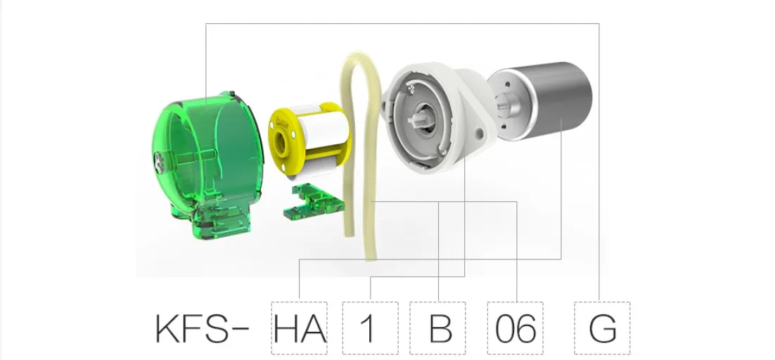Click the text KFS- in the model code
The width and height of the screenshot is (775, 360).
coord(202,328)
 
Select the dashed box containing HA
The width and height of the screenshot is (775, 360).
coord(299,328)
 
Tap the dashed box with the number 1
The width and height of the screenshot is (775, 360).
coord(370,328)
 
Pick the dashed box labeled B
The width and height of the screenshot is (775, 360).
coord(437,328)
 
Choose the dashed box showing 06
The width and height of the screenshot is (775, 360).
coord(515,328)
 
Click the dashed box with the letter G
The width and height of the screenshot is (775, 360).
coord(602,328)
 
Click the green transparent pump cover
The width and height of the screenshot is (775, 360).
coord(207,165)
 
